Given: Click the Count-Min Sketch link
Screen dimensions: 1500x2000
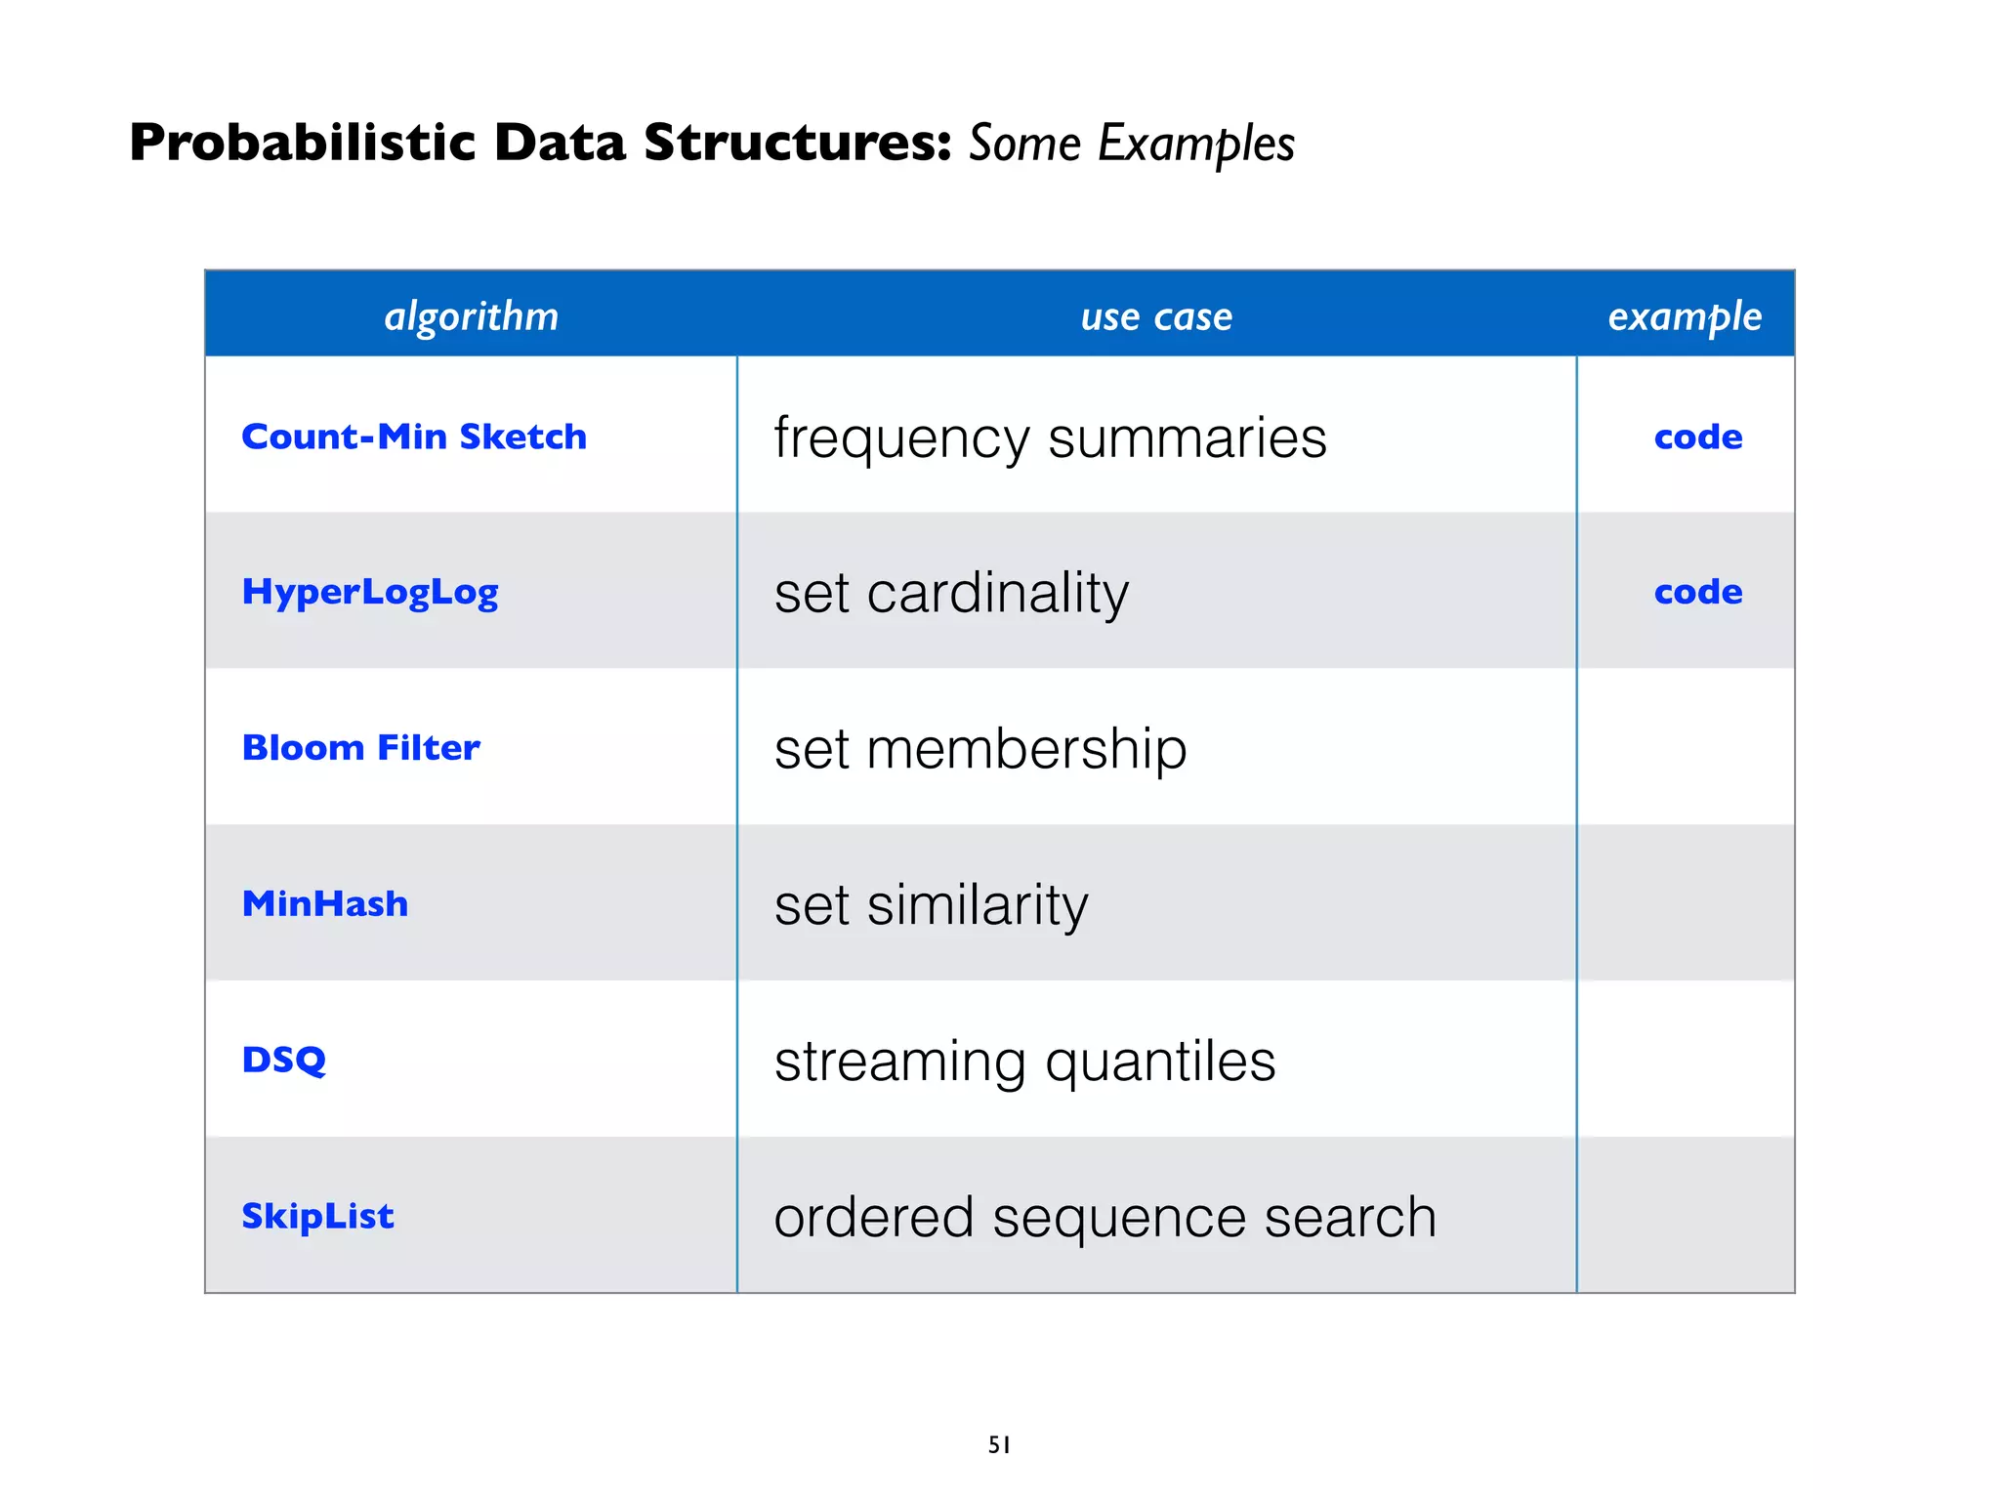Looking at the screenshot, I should (414, 437).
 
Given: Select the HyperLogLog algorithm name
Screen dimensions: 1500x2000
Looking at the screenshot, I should (370, 592).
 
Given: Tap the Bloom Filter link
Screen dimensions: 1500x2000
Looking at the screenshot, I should (361, 748).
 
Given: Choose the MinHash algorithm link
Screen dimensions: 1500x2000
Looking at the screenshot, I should (325, 904).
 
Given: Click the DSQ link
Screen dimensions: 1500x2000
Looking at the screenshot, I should (284, 1060).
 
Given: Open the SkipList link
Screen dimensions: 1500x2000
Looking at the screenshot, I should (318, 1216).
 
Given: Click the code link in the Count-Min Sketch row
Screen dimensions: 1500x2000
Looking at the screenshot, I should (1698, 437).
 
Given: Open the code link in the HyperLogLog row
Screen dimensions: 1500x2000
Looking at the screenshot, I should (1698, 592).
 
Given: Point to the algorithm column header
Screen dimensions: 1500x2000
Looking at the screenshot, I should (472, 316).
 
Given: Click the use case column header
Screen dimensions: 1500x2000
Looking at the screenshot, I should (1156, 316).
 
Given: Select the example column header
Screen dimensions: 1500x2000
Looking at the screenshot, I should (1685, 316).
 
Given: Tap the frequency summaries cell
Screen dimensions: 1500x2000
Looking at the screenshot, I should (1051, 437).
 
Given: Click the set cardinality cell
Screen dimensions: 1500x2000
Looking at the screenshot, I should (951, 593).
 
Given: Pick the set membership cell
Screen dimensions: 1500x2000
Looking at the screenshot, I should (980, 749).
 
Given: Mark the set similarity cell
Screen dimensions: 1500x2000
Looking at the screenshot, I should (931, 905).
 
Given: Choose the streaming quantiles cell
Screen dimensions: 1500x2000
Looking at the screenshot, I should (1024, 1061).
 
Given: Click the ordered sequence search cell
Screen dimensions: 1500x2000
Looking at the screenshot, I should (1104, 1217).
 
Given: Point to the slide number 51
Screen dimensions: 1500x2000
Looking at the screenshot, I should (999, 1444).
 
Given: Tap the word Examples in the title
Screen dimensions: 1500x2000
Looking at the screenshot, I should (1196, 144).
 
